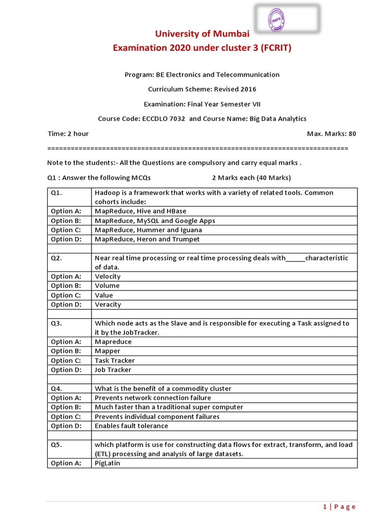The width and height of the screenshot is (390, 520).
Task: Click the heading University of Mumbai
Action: coord(202,34)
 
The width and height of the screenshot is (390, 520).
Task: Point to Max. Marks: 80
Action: coord(332,134)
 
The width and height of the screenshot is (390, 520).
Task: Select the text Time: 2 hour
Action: coord(68,134)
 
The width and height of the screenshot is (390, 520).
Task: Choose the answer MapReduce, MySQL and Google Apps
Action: coord(155,221)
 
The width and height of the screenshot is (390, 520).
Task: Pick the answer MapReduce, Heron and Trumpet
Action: coord(147,239)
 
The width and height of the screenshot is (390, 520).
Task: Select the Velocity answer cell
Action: coord(108,276)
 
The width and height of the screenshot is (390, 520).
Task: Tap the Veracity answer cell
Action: coord(108,305)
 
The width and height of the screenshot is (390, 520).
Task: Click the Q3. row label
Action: coord(56,323)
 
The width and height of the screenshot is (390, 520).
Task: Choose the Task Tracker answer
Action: coord(115,361)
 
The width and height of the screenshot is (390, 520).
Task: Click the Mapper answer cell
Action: coord(108,351)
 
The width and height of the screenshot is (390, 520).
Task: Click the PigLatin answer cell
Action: coord(108,463)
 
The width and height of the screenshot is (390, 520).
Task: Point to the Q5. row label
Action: coord(56,444)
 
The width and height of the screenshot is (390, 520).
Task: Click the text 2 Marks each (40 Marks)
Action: coord(251,178)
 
